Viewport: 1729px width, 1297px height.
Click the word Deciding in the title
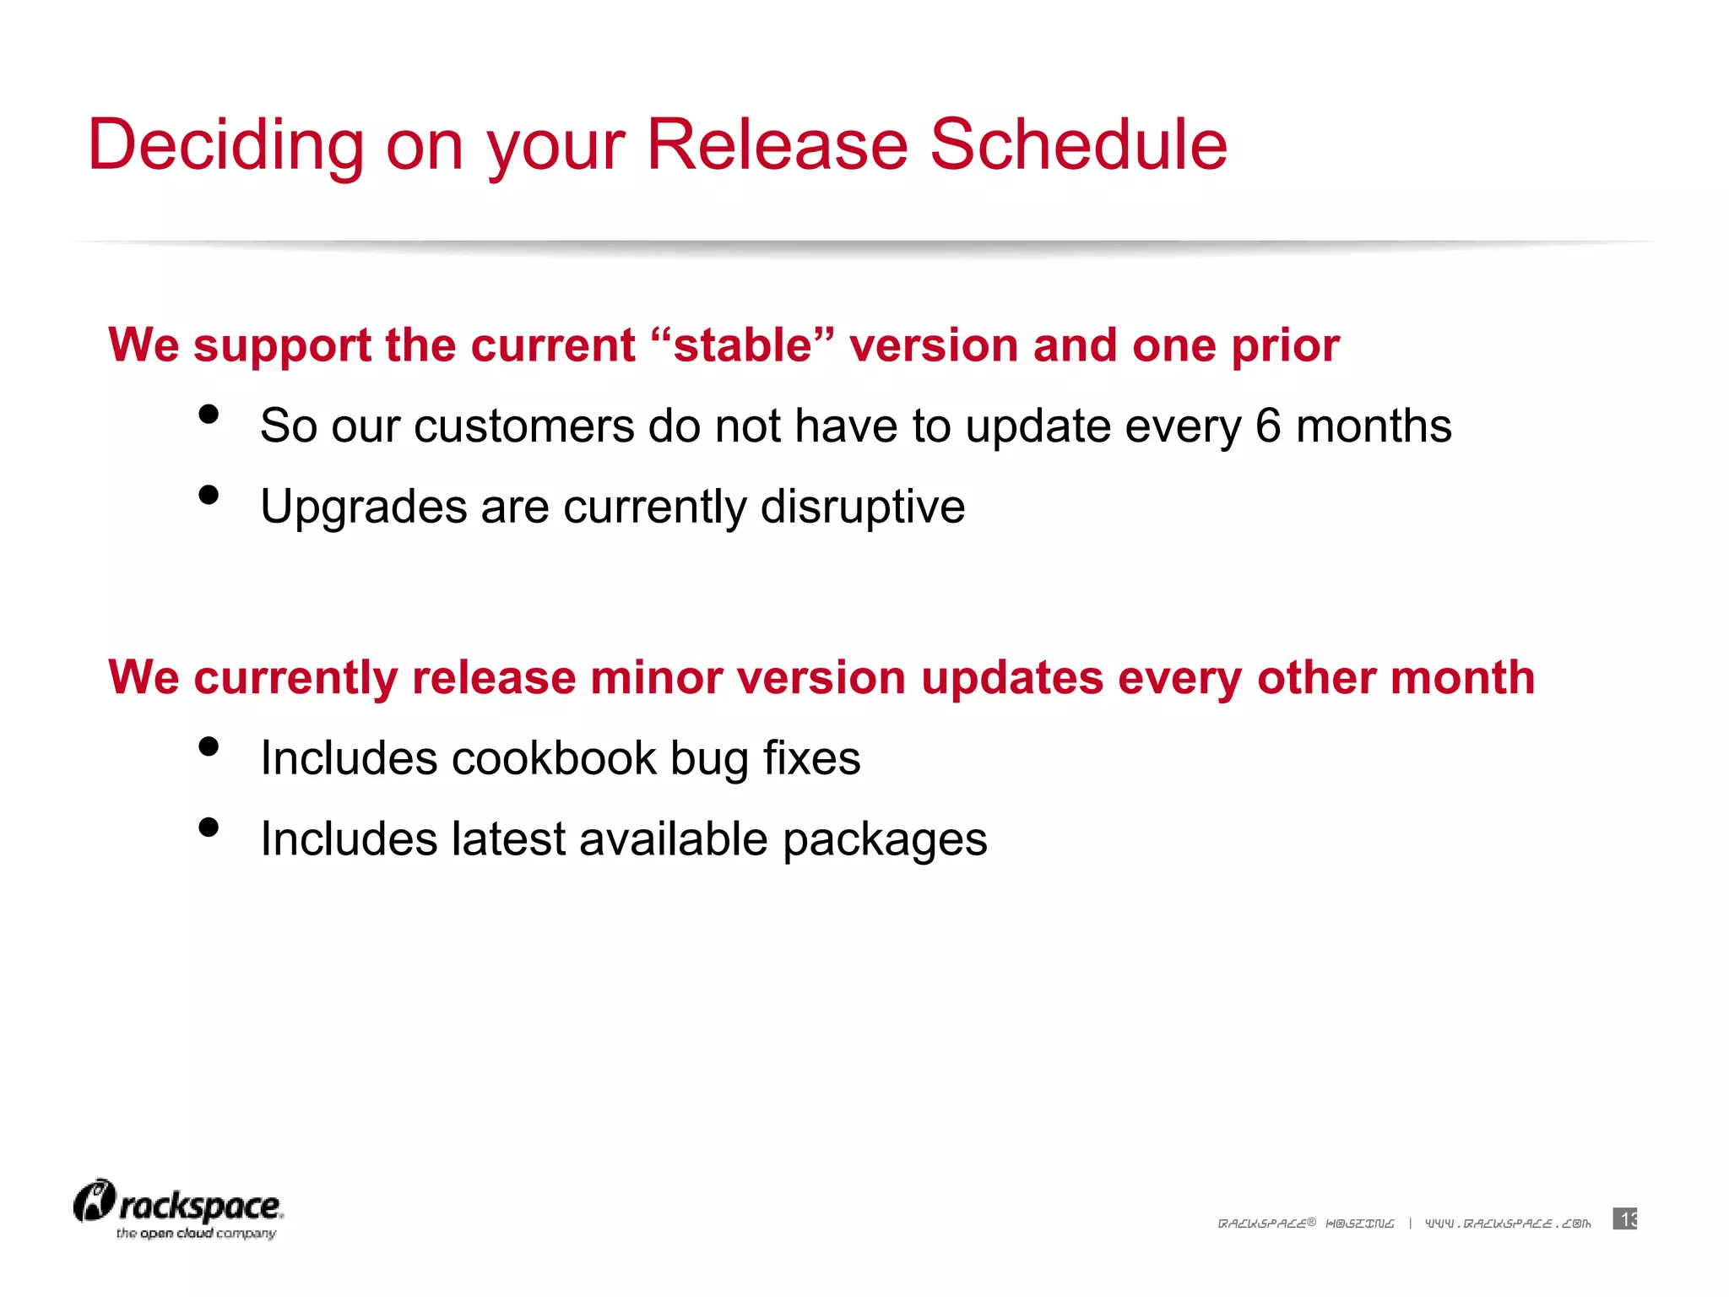pyautogui.click(x=225, y=145)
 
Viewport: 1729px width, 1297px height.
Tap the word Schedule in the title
pyautogui.click(x=1078, y=145)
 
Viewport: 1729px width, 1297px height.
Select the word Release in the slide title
pyautogui.click(x=777, y=145)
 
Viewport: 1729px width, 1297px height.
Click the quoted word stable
pyautogui.click(x=743, y=345)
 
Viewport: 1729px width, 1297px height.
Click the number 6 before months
pyautogui.click(x=1267, y=426)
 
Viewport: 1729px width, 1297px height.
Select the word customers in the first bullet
pyautogui.click(x=523, y=426)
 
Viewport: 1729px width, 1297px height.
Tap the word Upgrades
pyautogui.click(x=363, y=507)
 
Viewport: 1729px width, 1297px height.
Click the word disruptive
pyautogui.click(x=862, y=507)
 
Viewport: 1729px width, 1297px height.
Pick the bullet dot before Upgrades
pyautogui.click(x=209, y=495)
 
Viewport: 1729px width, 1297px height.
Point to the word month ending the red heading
pyautogui.click(x=1462, y=678)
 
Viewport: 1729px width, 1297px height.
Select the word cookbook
pyautogui.click(x=554, y=757)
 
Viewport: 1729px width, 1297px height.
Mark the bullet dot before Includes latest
pyautogui.click(x=209, y=828)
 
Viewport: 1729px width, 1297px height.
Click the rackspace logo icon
pyautogui.click(x=94, y=1202)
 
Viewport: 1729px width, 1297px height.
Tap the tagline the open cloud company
pyautogui.click(x=196, y=1234)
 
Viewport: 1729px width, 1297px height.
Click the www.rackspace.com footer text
pyautogui.click(x=1508, y=1224)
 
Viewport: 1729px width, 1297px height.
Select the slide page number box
pyautogui.click(x=1624, y=1218)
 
